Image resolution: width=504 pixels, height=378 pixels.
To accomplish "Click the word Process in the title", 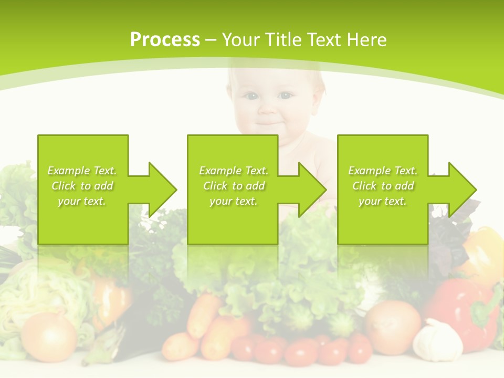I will point(165,39).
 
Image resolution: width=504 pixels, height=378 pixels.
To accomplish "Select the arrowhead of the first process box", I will point(161,190).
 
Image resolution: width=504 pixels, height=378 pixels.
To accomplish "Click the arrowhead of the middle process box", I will point(311,190).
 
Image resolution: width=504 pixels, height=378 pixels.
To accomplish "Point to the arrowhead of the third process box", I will point(461,190).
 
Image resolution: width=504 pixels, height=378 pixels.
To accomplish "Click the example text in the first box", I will point(82,186).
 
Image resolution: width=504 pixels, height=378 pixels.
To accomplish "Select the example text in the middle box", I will point(234,186).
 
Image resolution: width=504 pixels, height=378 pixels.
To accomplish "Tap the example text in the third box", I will point(383,186).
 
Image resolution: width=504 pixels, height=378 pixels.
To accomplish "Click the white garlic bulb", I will point(438,340).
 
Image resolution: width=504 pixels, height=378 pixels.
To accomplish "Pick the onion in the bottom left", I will point(49,336).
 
